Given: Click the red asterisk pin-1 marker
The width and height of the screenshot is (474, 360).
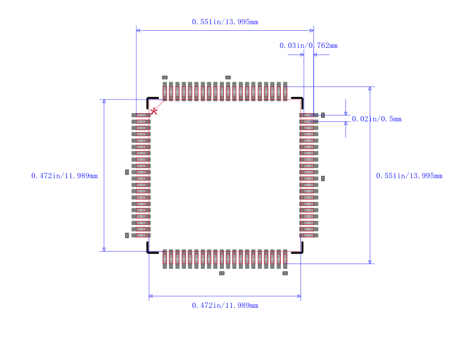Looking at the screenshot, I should [x=154, y=111].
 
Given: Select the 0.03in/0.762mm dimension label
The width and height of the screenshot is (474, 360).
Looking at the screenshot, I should [x=308, y=46].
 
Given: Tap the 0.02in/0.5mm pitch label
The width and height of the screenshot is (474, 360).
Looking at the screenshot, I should [x=376, y=119].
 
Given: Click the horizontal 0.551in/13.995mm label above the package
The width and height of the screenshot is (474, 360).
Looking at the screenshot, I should [x=225, y=22].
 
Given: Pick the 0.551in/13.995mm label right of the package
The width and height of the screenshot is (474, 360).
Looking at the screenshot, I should [x=409, y=176].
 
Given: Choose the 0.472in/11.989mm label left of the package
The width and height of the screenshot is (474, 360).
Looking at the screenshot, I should [x=65, y=176].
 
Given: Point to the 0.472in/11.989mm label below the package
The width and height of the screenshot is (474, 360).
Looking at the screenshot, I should [x=225, y=306].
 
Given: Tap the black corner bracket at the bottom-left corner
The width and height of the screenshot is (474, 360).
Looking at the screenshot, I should [x=151, y=250].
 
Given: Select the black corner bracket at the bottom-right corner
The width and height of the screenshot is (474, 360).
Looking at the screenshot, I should [x=299, y=250].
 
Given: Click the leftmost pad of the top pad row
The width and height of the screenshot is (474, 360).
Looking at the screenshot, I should [x=165, y=92].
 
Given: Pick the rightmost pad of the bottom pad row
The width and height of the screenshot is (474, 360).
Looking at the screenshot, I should [x=285, y=259].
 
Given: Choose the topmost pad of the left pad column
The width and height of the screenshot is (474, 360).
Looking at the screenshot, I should [x=141, y=115].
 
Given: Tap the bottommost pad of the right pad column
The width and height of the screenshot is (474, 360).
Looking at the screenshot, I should [x=309, y=235].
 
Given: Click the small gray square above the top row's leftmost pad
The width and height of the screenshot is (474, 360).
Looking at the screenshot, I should [x=165, y=78].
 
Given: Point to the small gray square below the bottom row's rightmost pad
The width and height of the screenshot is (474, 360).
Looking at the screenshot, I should [x=285, y=273].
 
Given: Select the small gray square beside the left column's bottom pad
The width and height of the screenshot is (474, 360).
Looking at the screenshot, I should [x=127, y=235].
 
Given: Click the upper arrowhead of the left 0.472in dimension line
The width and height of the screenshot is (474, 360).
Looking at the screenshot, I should [x=104, y=101].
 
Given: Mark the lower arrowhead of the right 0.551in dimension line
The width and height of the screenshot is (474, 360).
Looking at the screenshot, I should [x=370, y=262].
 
